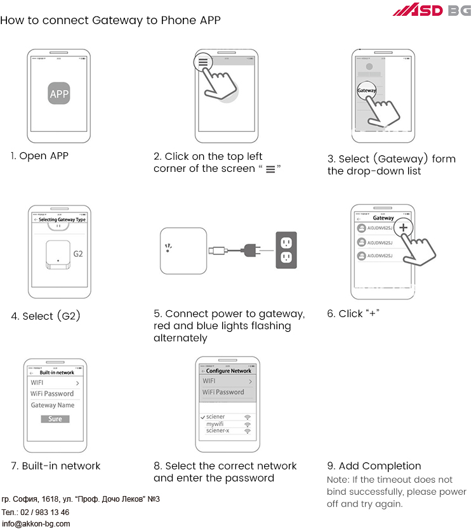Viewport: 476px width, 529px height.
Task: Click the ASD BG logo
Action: (x=432, y=10)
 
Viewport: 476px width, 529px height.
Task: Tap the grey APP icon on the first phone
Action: (x=59, y=95)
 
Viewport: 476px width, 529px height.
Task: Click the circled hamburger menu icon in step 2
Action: (x=203, y=63)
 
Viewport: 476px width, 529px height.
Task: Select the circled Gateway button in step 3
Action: (x=367, y=91)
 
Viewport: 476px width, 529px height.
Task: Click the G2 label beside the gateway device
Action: (x=78, y=254)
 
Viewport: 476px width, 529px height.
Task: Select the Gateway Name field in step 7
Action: (x=53, y=405)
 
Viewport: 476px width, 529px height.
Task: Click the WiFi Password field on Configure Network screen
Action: (x=223, y=393)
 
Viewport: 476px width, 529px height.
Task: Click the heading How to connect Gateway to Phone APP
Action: (x=110, y=20)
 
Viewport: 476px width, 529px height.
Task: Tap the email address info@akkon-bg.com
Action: (x=36, y=524)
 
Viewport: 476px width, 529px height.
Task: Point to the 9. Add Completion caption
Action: (x=374, y=466)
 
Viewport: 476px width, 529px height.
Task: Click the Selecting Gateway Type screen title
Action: (x=62, y=219)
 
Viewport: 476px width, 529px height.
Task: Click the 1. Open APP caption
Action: (x=39, y=155)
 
